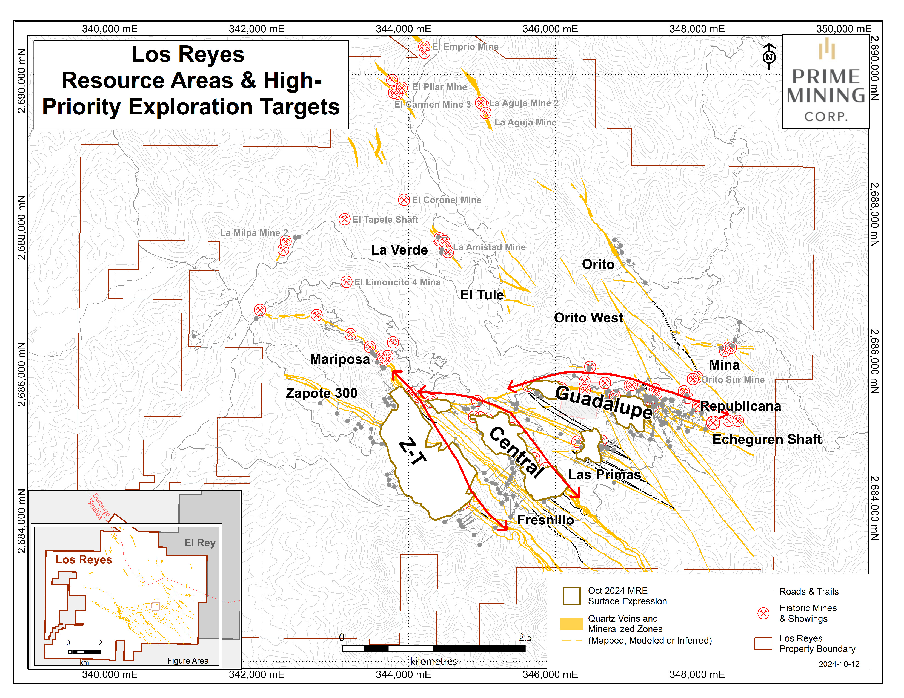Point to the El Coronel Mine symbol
point(404,200)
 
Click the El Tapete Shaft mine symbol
point(344,219)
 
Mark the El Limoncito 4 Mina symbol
point(347,282)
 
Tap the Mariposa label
point(340,359)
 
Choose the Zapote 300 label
point(321,393)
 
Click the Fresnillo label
point(545,520)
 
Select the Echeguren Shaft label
point(766,439)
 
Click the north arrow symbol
point(769,56)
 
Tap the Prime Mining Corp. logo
point(826,82)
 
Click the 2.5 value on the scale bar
point(525,637)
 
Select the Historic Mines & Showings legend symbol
point(763,613)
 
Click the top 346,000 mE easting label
point(550,29)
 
